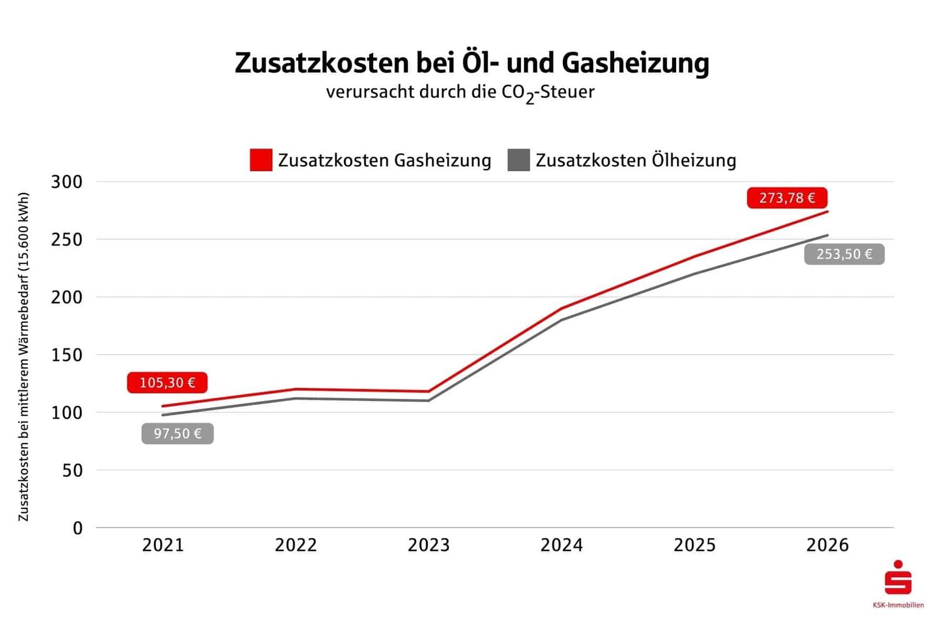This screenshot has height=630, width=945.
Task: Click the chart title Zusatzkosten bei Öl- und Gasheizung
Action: pyautogui.click(x=471, y=63)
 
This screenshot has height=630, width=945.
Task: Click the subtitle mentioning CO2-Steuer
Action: pyautogui.click(x=460, y=93)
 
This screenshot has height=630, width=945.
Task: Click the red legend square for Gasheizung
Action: pyautogui.click(x=260, y=160)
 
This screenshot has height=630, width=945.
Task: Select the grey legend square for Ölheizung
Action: pyautogui.click(x=518, y=160)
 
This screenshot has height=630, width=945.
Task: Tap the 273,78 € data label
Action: pyautogui.click(x=787, y=198)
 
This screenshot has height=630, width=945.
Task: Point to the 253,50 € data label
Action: pyautogui.click(x=844, y=254)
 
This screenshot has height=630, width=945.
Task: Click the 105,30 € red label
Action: pyautogui.click(x=167, y=383)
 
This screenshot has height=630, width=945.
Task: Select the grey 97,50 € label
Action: pyautogui.click(x=177, y=434)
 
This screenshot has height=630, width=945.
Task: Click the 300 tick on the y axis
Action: pyautogui.click(x=67, y=182)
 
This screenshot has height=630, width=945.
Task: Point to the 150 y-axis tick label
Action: pyautogui.click(x=67, y=355)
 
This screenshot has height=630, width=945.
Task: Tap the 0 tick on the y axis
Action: pyautogui.click(x=77, y=528)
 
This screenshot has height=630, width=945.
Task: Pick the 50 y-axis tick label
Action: pyautogui.click(x=72, y=471)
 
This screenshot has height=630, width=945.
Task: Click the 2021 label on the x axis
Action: pyautogui.click(x=163, y=545)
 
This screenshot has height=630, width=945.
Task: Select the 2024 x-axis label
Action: pyautogui.click(x=562, y=545)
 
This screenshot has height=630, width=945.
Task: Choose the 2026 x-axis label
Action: pyautogui.click(x=827, y=545)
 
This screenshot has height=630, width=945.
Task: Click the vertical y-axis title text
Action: pyautogui.click(x=24, y=357)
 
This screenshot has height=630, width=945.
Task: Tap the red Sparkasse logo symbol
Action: pyautogui.click(x=898, y=578)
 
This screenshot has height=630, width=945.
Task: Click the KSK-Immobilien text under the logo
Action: pyautogui.click(x=898, y=605)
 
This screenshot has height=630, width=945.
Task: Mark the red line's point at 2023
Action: pyautogui.click(x=429, y=391)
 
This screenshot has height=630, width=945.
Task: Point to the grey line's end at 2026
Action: pyautogui.click(x=827, y=235)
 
